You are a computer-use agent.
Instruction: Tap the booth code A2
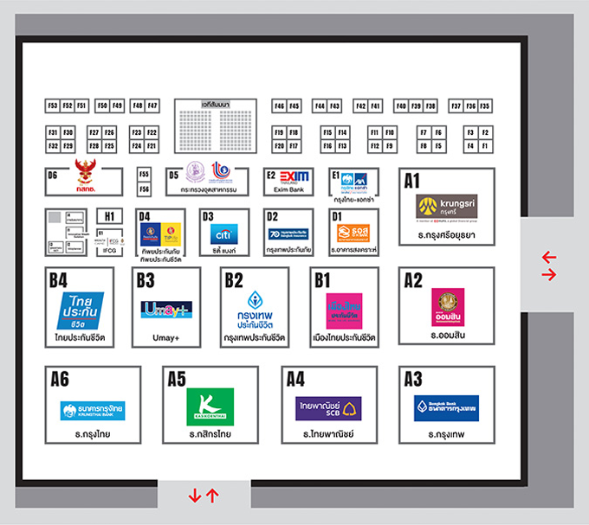coord(412,280)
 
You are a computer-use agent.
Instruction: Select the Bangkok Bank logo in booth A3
coord(446,407)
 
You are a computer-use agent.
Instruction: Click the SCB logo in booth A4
coord(328,407)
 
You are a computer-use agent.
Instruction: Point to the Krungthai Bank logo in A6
coord(92,409)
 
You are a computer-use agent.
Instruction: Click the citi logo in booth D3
coord(223,234)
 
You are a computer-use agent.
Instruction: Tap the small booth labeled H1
coord(109,215)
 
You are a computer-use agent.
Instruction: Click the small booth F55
coord(144,174)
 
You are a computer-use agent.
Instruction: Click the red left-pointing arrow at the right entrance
coord(548,258)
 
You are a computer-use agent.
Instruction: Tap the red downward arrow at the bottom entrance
coord(195,496)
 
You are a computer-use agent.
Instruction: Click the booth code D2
coord(272,216)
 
